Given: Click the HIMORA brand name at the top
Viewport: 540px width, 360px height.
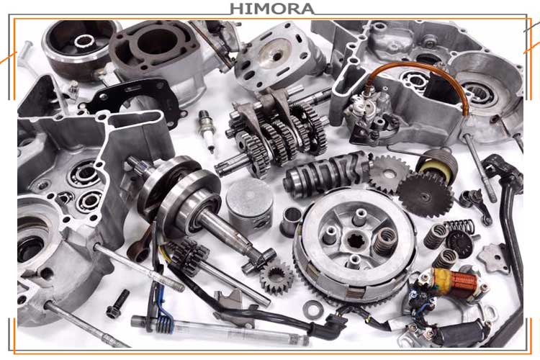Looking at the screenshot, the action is pos(271,9).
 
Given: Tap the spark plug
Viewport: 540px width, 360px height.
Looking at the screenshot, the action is pos(207,131).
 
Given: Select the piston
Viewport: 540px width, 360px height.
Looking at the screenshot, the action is pos(250,205).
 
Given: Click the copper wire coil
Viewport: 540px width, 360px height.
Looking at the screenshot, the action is pos(464,280).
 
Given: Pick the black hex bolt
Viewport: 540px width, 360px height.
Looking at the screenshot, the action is pos(117,304).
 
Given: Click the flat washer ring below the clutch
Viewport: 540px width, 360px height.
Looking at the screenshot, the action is pos(313,309).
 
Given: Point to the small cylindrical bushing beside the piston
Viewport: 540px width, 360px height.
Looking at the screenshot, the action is pos(290,222).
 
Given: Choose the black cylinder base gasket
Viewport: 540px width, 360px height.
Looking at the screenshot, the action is pos(135,99).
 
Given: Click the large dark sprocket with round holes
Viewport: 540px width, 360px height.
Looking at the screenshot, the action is pos(425,195).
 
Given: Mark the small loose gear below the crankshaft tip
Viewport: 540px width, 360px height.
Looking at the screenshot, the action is pos(276,276).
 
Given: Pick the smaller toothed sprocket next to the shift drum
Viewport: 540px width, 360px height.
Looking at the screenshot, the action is pos(389,175).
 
